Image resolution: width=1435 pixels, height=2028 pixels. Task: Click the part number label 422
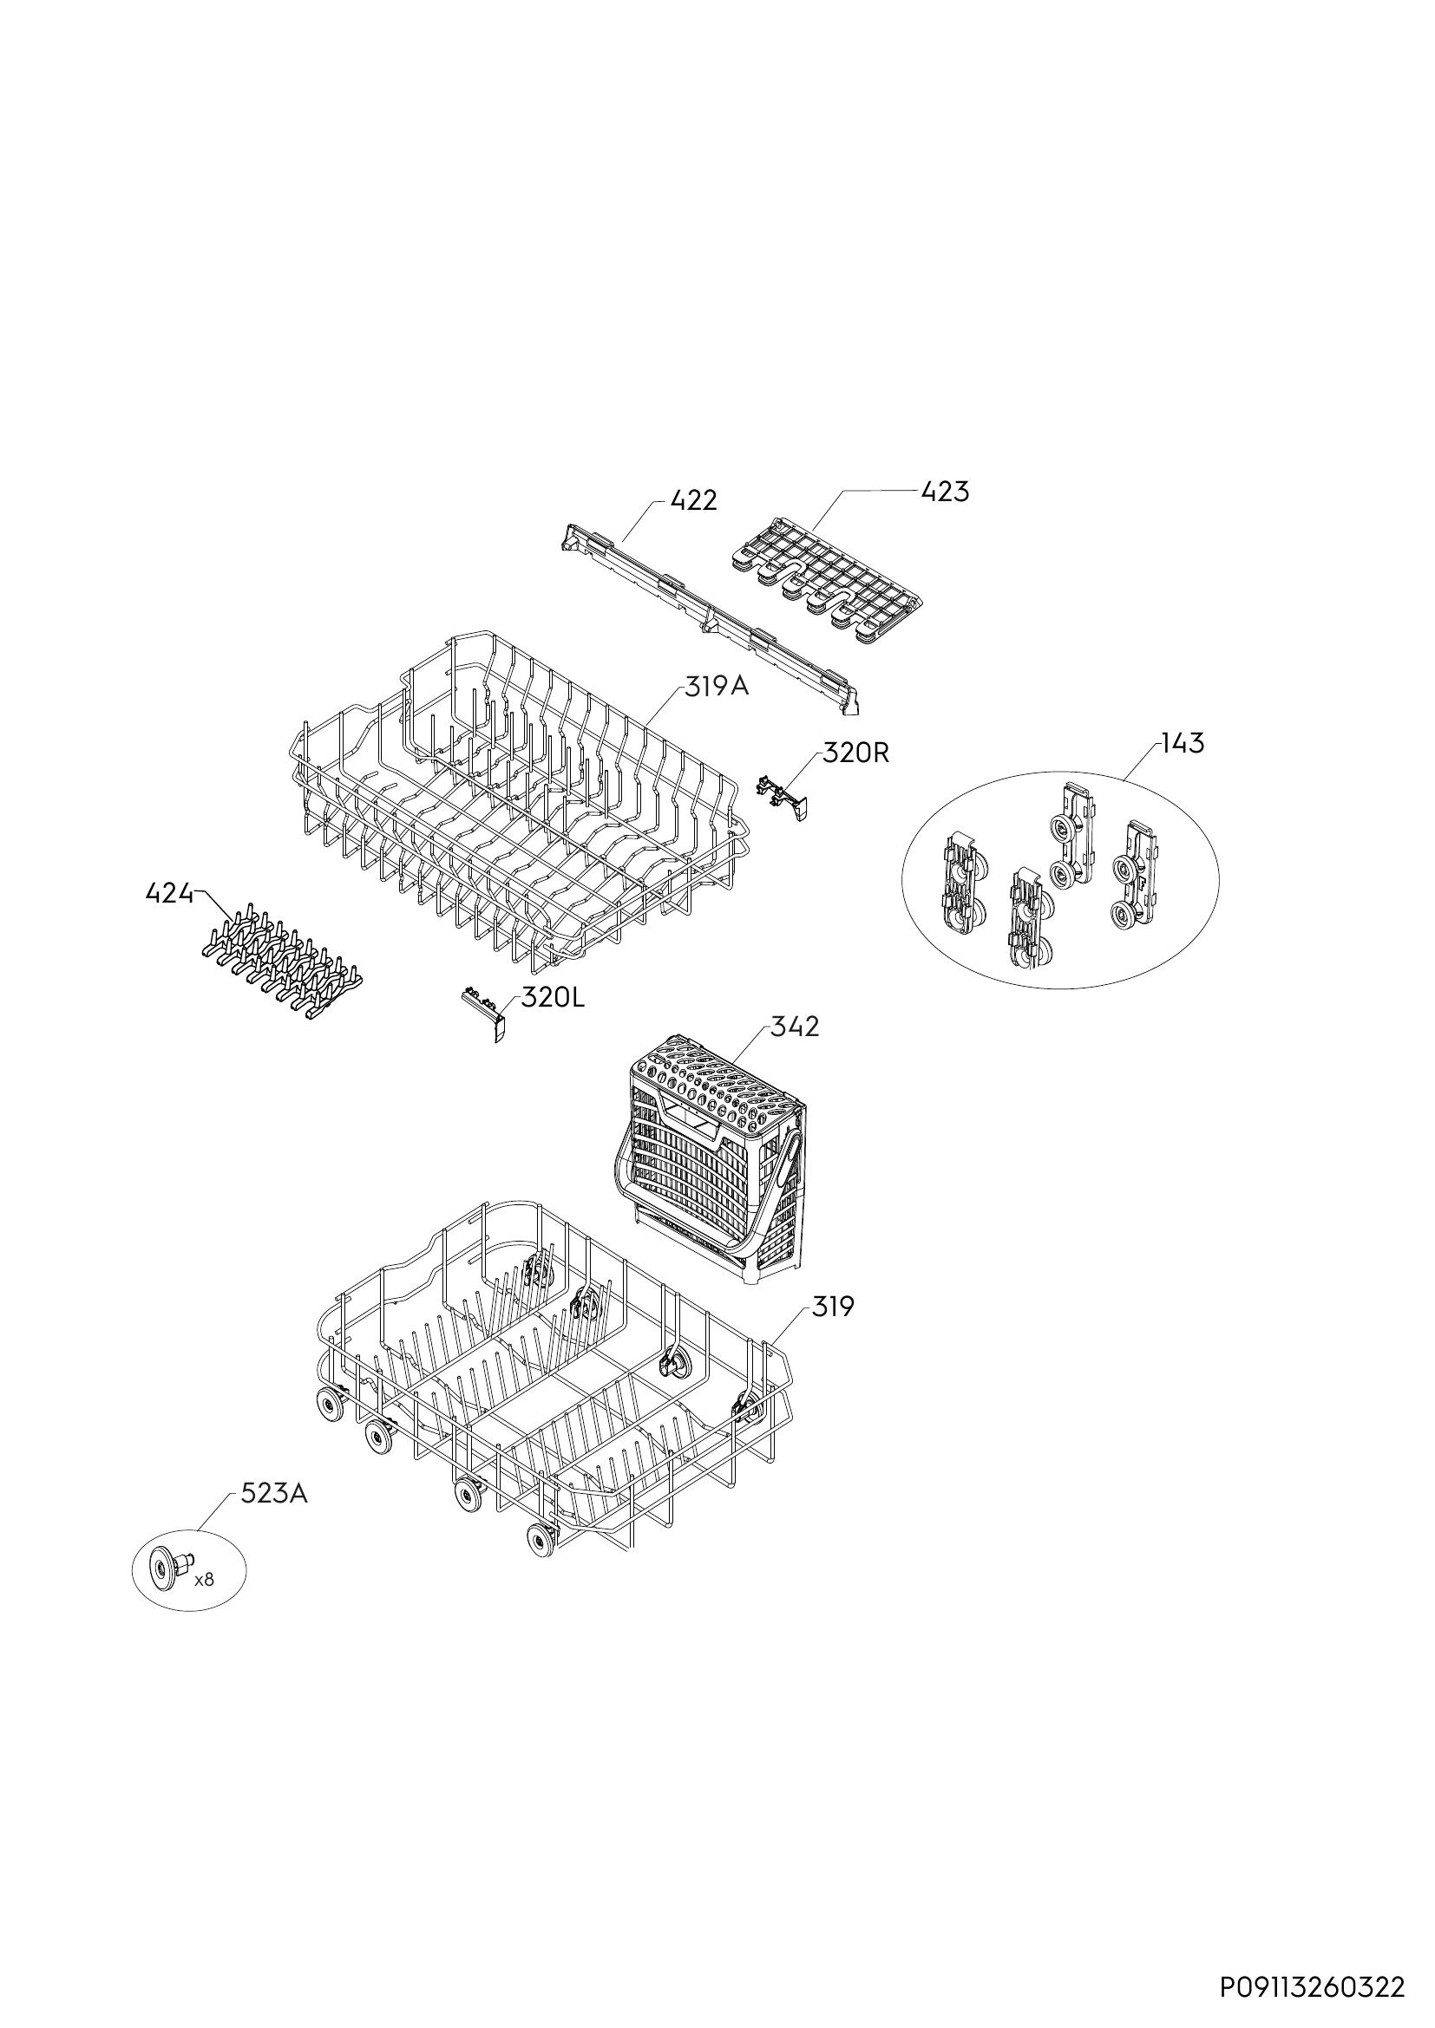point(694,501)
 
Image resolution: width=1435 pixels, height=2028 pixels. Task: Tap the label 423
point(945,491)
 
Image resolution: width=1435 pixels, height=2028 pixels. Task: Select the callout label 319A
point(717,686)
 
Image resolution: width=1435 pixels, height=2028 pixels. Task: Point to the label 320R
point(855,753)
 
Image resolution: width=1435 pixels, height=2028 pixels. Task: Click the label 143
point(1183,744)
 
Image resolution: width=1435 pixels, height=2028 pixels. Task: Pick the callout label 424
point(169,894)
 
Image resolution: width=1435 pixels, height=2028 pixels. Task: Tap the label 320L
point(553,998)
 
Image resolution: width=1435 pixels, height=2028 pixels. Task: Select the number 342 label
point(795,1027)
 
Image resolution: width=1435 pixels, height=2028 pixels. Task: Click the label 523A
point(274,1494)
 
